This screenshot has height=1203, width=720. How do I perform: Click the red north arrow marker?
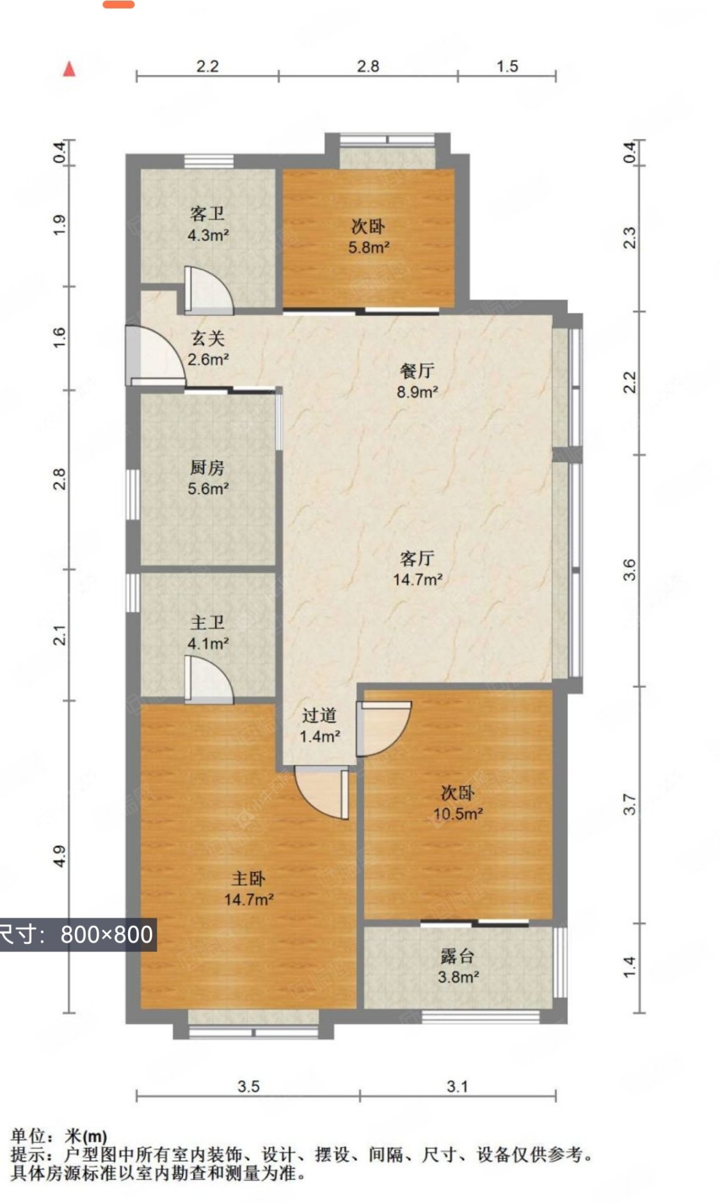click(x=69, y=68)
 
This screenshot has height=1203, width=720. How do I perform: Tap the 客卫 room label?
click(x=207, y=214)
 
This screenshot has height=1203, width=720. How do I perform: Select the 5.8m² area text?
click(x=369, y=247)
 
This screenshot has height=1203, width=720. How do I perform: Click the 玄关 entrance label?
click(x=208, y=338)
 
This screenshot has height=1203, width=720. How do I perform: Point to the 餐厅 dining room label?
click(x=417, y=370)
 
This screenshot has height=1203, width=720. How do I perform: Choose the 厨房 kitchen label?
click(x=207, y=468)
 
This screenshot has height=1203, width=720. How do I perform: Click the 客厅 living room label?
click(x=417, y=559)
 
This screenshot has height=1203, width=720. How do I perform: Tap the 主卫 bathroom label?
click(x=207, y=622)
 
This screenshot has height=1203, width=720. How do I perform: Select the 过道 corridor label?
click(x=319, y=715)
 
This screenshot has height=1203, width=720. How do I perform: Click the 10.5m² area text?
click(x=458, y=814)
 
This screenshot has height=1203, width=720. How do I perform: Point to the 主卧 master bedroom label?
click(x=248, y=879)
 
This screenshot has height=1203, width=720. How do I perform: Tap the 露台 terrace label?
click(x=458, y=956)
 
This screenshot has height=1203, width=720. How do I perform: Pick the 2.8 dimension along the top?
click(x=368, y=66)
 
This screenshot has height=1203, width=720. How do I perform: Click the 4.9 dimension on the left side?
click(x=59, y=856)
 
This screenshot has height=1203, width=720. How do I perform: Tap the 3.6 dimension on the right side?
click(x=630, y=570)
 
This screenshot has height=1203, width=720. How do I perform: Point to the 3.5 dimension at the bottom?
click(x=248, y=1086)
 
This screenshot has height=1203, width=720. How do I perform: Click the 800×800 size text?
click(x=107, y=934)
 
